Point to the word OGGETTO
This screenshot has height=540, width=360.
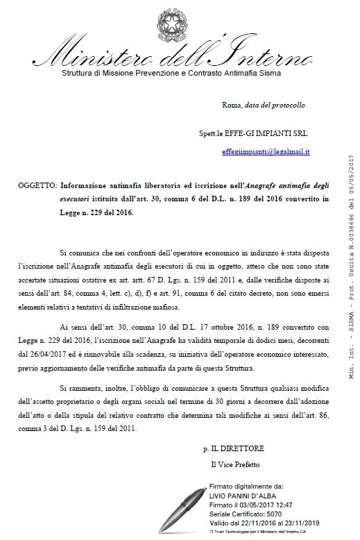coord(37,187)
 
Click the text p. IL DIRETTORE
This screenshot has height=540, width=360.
coord(236,449)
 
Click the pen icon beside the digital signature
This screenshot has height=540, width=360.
coord(182,507)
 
